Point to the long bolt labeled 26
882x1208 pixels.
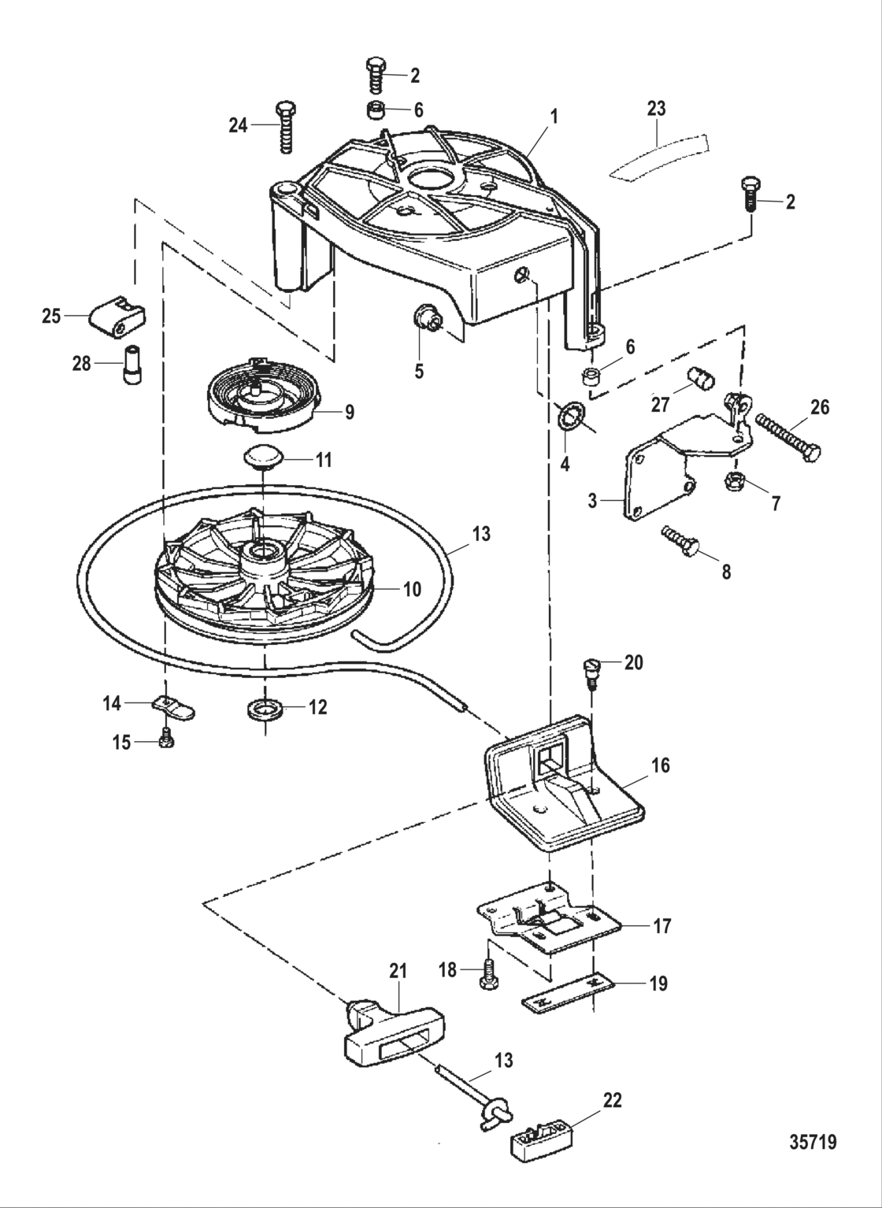(788, 435)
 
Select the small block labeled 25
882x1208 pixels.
(117, 315)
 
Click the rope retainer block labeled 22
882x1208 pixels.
(540, 1139)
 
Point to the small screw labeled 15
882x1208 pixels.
(165, 740)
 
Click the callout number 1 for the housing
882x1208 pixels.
(554, 116)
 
